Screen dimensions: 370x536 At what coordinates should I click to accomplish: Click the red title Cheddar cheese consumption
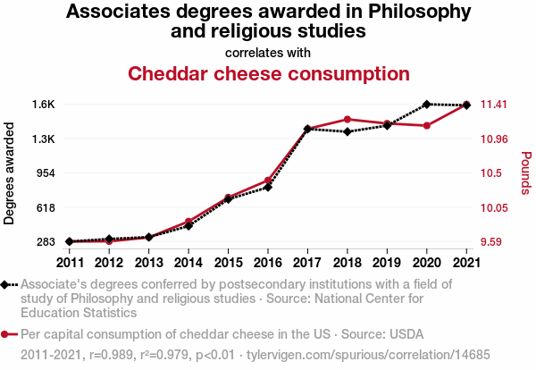[268, 73]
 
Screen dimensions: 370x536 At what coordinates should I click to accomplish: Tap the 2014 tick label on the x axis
[188, 263]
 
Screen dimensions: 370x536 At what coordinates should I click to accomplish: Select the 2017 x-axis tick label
[307, 263]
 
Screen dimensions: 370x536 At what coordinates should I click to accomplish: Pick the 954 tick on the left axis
[45, 173]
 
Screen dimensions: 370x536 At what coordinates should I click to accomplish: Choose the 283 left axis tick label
[45, 242]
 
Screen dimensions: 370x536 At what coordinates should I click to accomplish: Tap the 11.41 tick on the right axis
[493, 105]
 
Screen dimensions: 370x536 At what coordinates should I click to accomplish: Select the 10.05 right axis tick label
[493, 207]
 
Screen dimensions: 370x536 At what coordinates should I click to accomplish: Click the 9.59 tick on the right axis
[493, 242]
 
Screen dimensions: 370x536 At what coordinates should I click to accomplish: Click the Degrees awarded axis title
[11, 172]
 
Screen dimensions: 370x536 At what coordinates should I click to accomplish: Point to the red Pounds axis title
[526, 172]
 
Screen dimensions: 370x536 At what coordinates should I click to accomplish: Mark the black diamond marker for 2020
[427, 105]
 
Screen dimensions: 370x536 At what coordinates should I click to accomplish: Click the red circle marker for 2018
[348, 119]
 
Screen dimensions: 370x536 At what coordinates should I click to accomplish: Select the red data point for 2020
[427, 126]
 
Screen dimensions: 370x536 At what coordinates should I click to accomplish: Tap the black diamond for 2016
[268, 188]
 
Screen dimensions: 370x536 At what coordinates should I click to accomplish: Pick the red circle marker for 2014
[188, 221]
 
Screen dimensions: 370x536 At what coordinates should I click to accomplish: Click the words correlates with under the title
[268, 52]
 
